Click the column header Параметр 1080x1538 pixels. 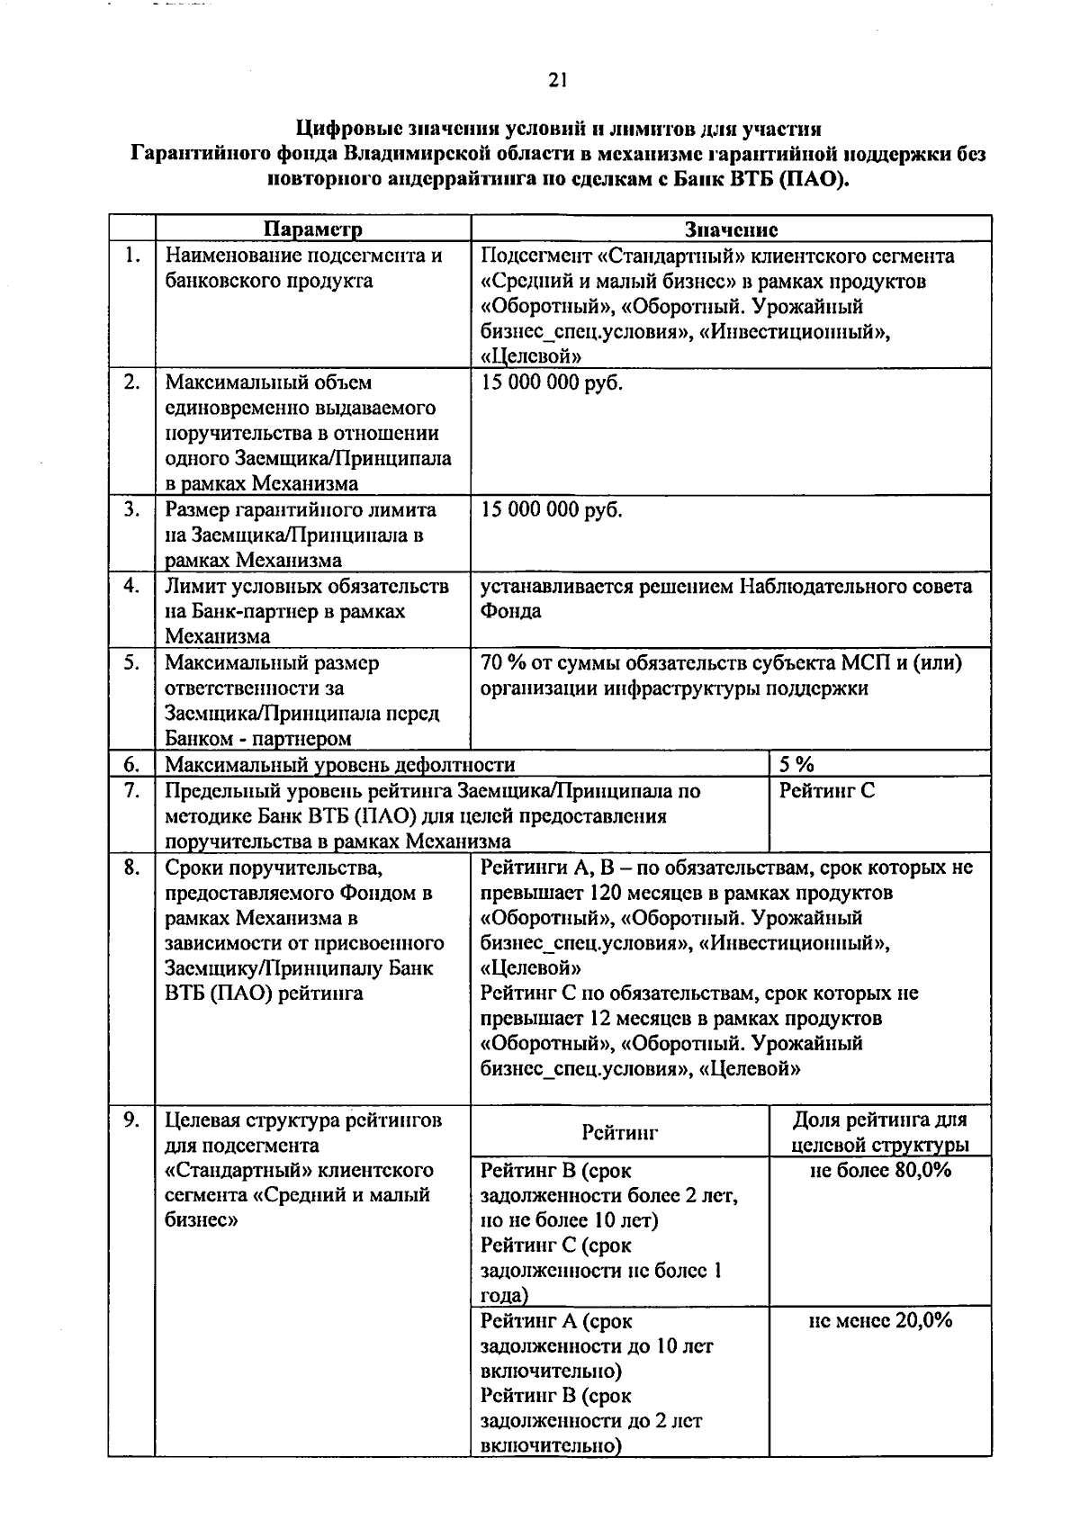(313, 229)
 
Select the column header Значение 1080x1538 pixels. (731, 229)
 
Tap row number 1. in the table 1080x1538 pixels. (132, 256)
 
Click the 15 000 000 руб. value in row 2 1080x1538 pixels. (551, 382)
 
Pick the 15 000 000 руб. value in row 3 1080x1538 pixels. (551, 510)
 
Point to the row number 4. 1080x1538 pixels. (132, 586)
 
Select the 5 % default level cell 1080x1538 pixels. (796, 765)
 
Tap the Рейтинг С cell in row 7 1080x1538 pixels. (826, 791)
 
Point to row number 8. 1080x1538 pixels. (132, 868)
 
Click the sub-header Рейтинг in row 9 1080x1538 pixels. (619, 1132)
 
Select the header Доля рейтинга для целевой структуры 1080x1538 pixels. (879, 1132)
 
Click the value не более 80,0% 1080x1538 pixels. (880, 1170)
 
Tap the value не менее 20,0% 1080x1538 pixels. (880, 1320)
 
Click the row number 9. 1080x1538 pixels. (132, 1120)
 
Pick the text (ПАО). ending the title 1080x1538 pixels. (814, 179)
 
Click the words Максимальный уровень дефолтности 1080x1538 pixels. (340, 765)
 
